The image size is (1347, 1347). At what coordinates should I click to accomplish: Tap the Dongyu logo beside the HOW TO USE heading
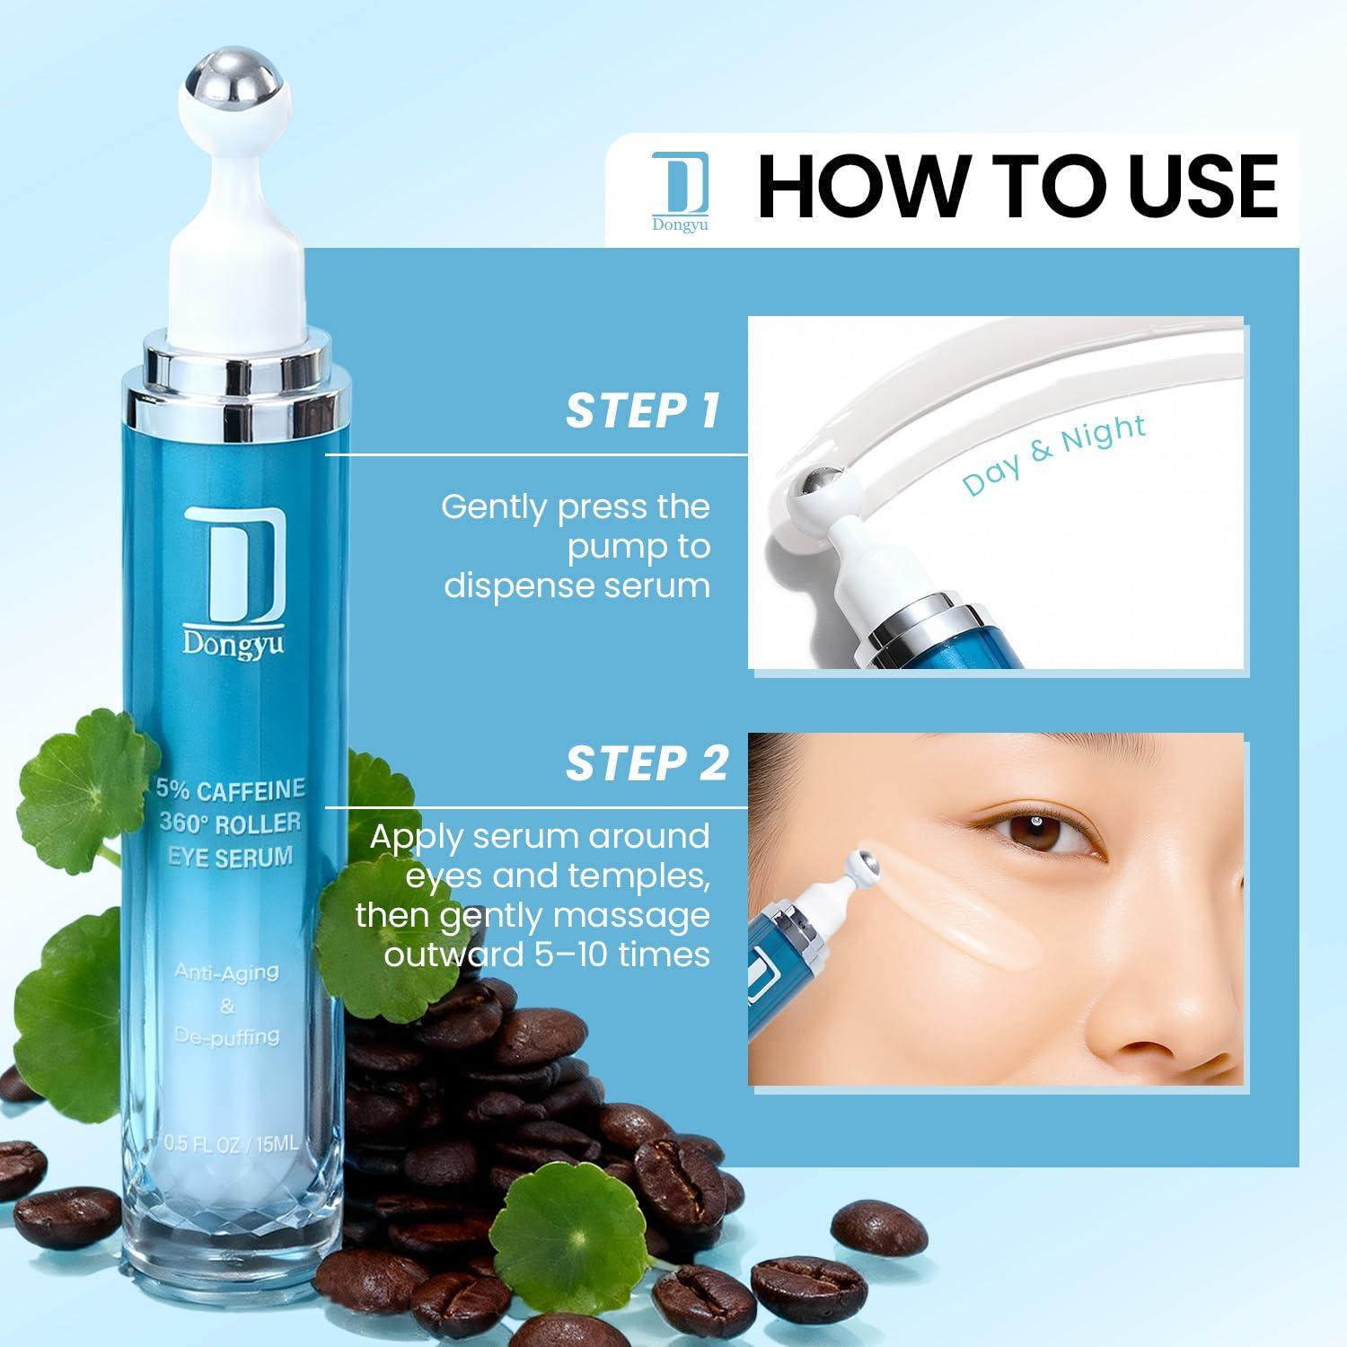tap(680, 191)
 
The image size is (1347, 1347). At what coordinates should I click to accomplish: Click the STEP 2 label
tap(646, 763)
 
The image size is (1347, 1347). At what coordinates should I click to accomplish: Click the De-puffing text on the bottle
tap(227, 1036)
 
